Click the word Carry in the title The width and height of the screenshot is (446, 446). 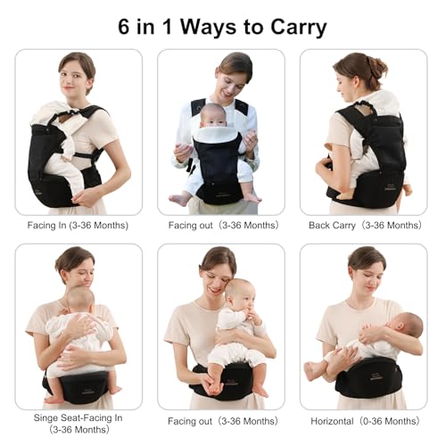pos(299,28)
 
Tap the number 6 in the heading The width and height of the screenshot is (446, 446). pos(124,27)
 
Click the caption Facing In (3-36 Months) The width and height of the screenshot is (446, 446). pos(78,226)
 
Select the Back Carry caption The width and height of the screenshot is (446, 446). pos(365,226)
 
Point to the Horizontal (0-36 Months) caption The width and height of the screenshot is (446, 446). pos(365,421)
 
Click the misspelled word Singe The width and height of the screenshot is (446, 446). pos(45,417)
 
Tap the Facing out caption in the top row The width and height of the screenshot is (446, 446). pos(223,226)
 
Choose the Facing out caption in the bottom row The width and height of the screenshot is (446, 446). pos(223,421)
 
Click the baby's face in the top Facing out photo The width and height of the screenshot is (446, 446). pos(213,118)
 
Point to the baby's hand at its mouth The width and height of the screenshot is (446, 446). pos(252,315)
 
